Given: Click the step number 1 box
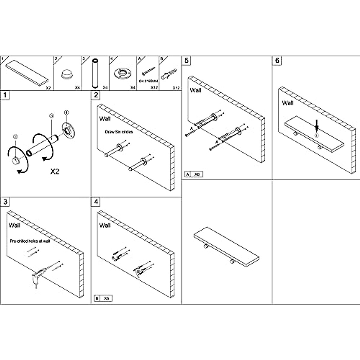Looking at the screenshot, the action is pyautogui.click(x=5, y=95).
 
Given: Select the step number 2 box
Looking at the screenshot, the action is pyautogui.click(x=96, y=95).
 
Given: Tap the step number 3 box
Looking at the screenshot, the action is pyautogui.click(x=5, y=202).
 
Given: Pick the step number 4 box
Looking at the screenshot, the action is pyautogui.click(x=96, y=202).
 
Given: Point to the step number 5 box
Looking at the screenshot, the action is pyautogui.click(x=187, y=61).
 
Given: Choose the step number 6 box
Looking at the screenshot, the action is pyautogui.click(x=277, y=61).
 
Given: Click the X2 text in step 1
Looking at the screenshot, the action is pyautogui.click(x=55, y=172).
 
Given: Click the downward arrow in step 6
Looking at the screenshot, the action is pyautogui.click(x=316, y=125).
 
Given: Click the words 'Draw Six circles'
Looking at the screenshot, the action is pyautogui.click(x=119, y=132).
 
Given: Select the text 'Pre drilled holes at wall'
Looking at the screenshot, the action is pyautogui.click(x=30, y=241).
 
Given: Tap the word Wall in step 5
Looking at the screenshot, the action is pyautogui.click(x=196, y=90).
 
